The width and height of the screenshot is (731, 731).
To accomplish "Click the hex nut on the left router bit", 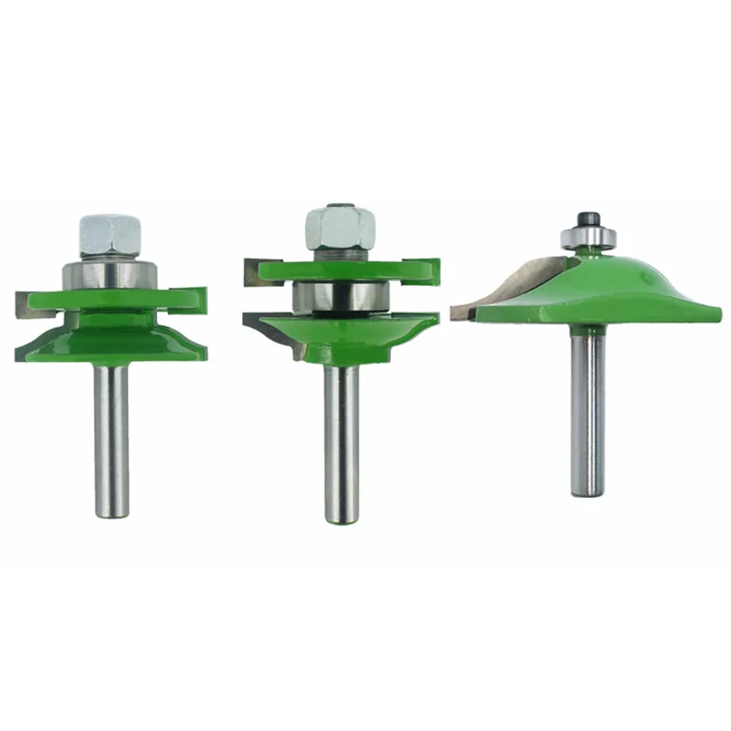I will pos(111,237).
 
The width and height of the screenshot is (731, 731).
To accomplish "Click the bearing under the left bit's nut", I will pos(111,274).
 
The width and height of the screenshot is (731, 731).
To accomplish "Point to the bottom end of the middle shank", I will pos(341,521).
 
